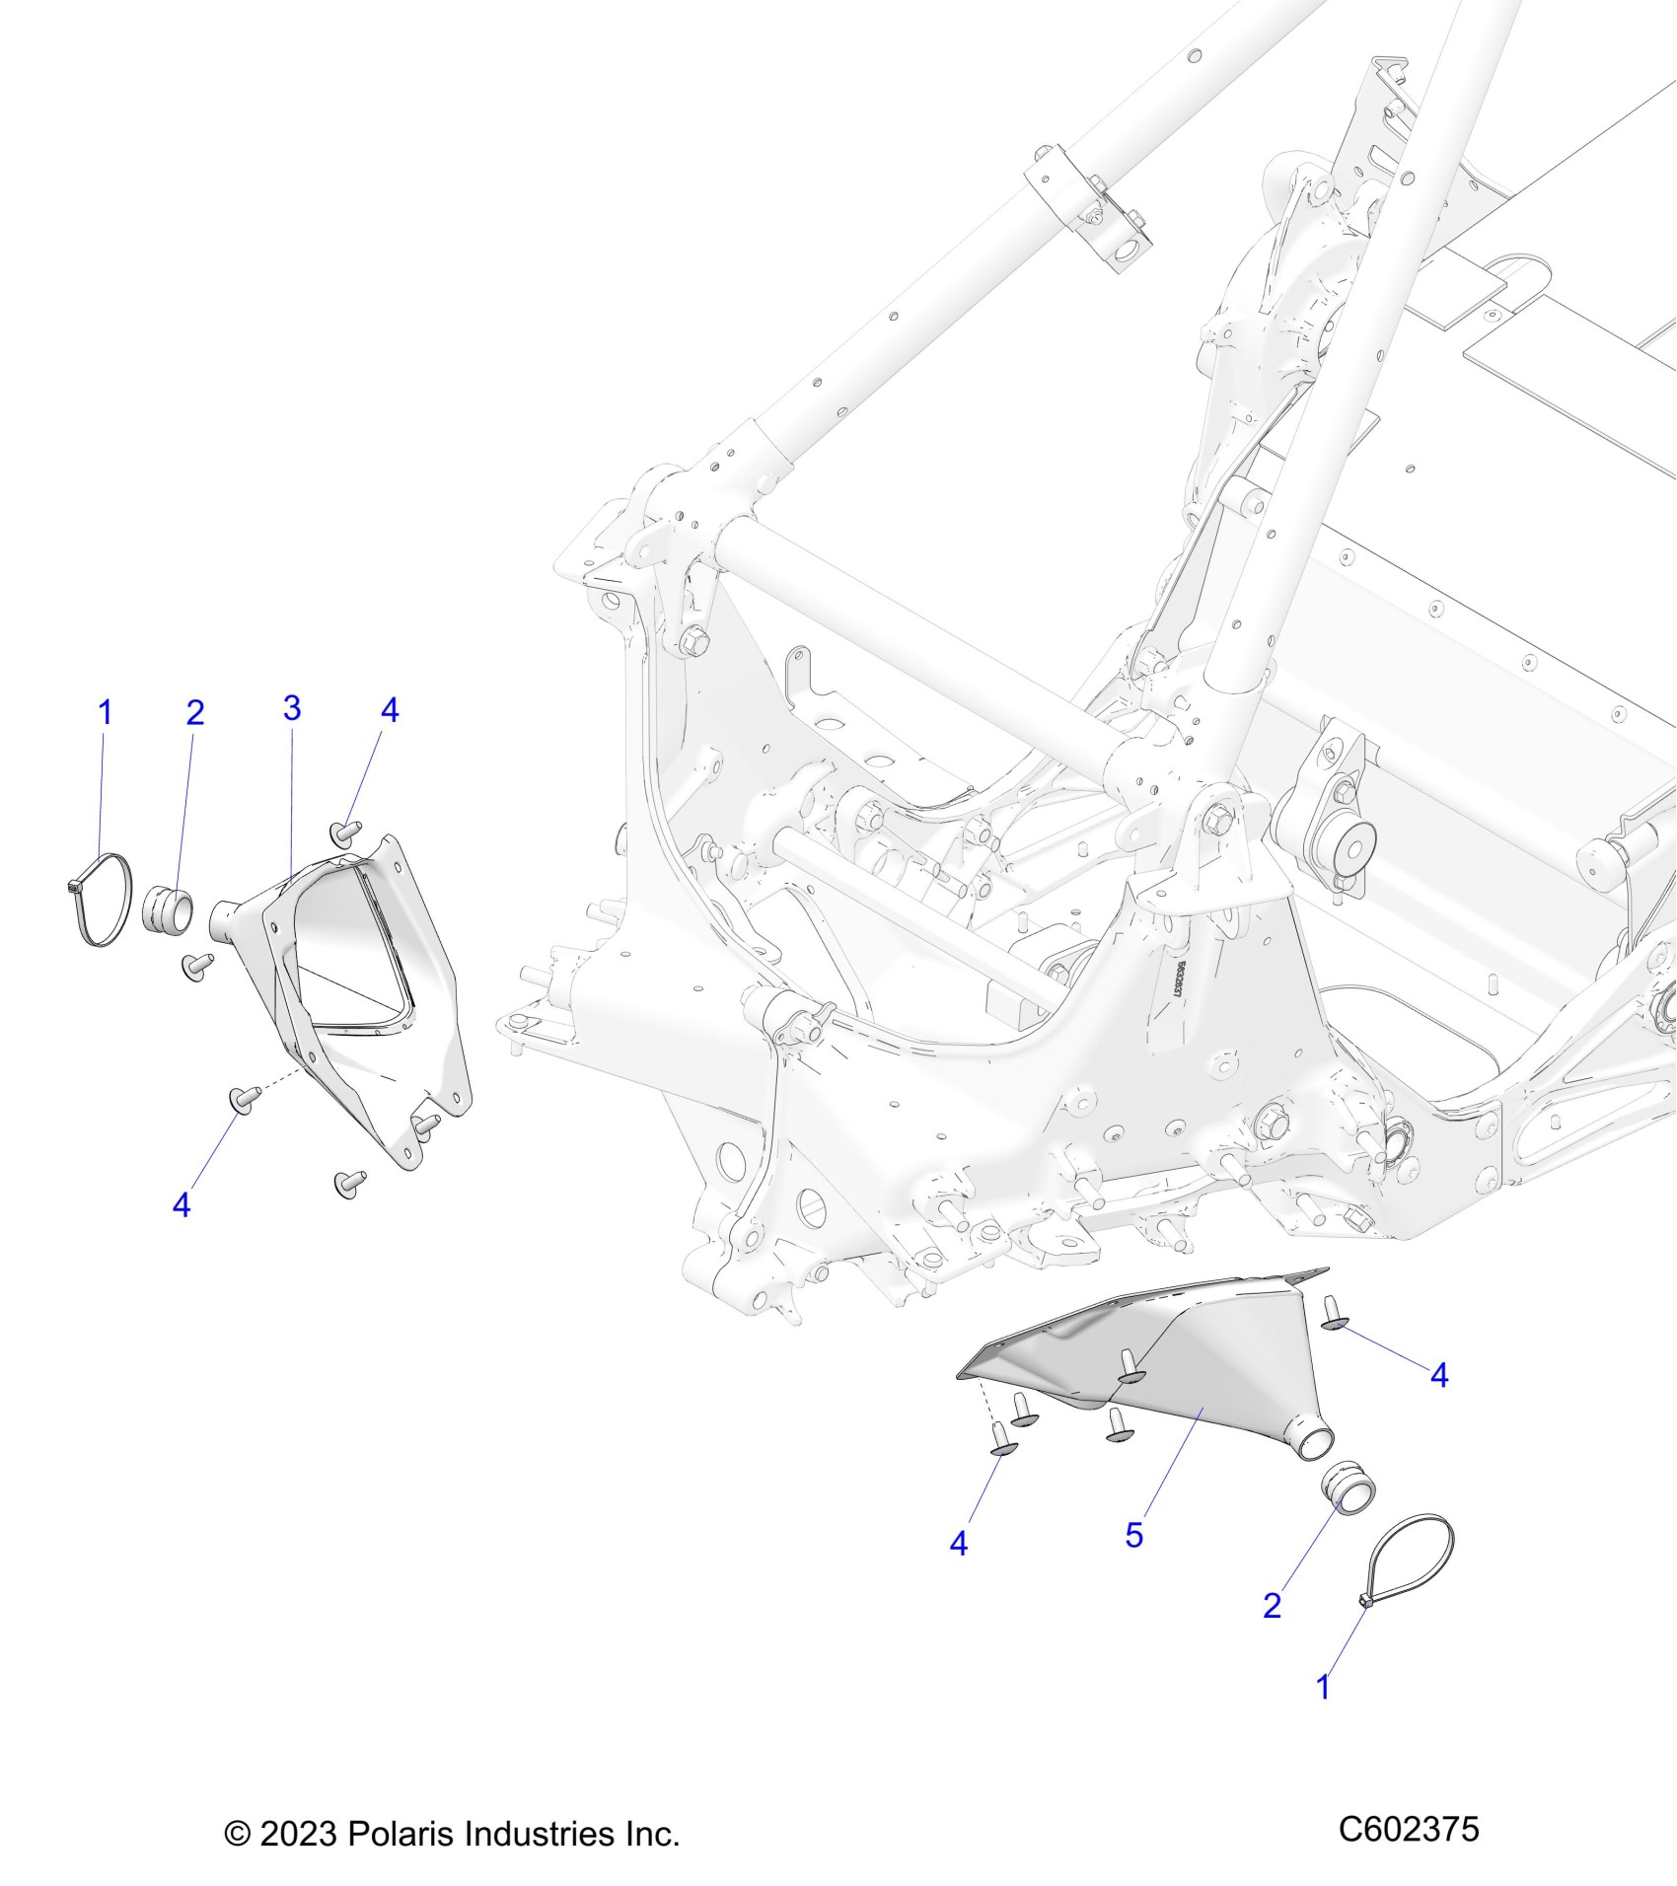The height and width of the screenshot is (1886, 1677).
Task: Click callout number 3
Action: [291, 708]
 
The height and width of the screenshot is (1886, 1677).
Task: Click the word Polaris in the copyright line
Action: [400, 1835]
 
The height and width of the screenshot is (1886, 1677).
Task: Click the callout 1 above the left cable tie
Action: [106, 712]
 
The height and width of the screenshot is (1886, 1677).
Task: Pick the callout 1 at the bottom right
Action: [1324, 1688]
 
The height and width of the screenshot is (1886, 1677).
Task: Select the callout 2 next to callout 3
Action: [195, 712]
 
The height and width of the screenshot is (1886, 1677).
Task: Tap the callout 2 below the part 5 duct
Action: [1273, 1606]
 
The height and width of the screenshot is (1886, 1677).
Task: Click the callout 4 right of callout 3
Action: [390, 710]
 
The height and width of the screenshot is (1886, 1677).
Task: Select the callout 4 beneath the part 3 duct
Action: [182, 1204]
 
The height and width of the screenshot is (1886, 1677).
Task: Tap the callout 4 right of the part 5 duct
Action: [1439, 1376]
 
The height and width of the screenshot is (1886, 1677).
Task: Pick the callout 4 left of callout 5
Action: [959, 1544]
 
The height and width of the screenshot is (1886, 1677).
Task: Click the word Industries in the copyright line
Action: [540, 1835]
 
